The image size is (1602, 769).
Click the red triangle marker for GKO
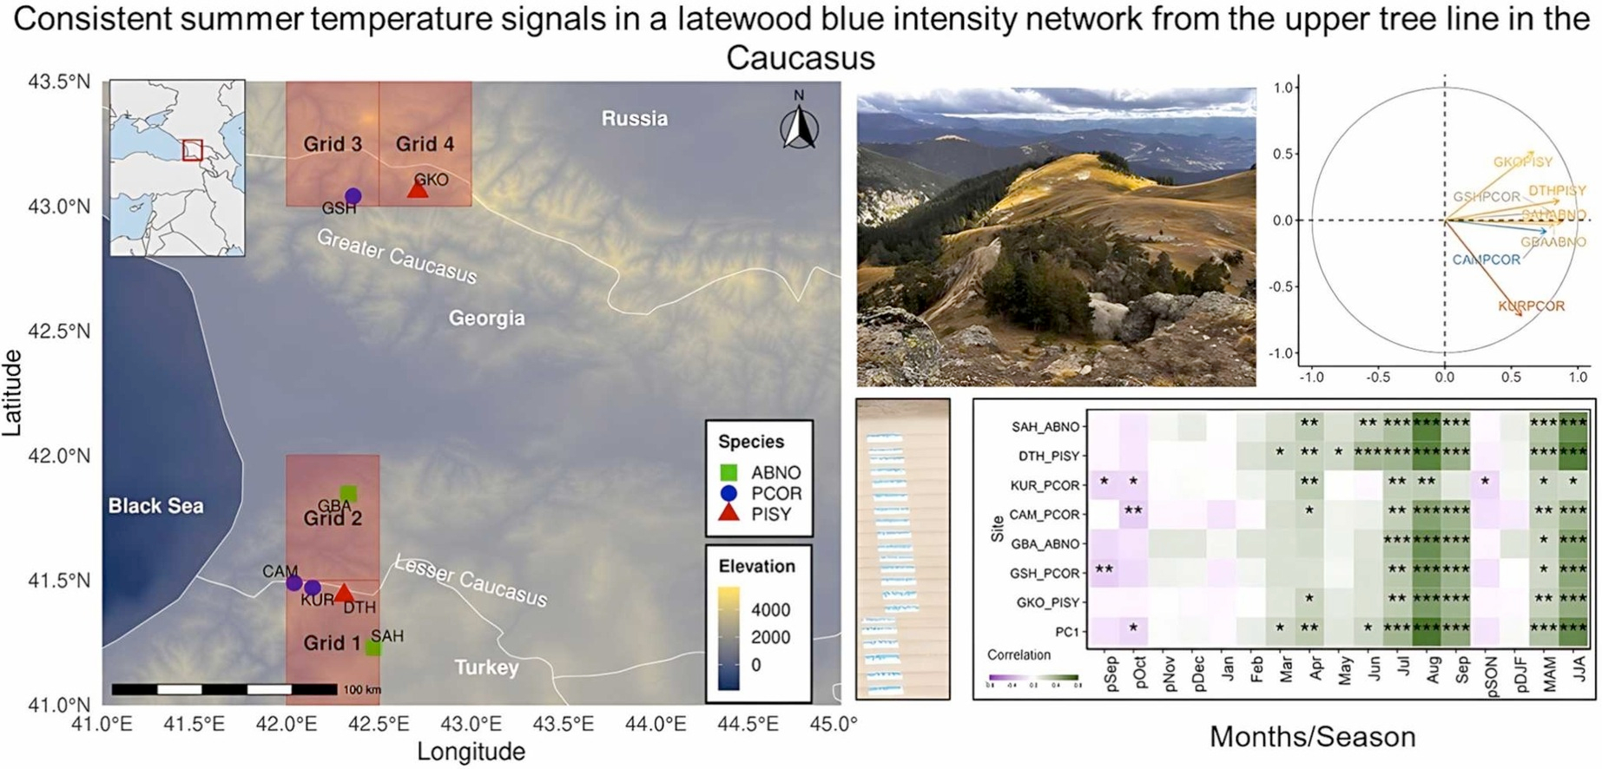click(418, 188)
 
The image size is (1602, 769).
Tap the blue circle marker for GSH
click(353, 196)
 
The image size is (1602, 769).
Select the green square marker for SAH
click(373, 647)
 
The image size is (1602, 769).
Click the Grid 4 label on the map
click(425, 144)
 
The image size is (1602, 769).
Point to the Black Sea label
click(155, 506)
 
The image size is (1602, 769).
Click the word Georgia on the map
click(486, 319)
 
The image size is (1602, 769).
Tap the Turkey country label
click(486, 667)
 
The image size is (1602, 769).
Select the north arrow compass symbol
click(799, 127)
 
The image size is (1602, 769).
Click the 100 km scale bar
click(224, 689)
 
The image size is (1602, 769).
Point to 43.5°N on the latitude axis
click(59, 82)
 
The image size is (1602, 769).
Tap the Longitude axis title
click(471, 752)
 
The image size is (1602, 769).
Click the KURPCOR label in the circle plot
click(1531, 306)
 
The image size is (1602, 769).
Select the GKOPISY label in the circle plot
click(1523, 162)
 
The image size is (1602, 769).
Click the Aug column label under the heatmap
click(1433, 671)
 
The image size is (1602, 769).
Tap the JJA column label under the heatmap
click(1579, 669)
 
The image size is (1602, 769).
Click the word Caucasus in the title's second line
click(800, 58)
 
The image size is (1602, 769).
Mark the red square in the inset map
click(193, 150)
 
